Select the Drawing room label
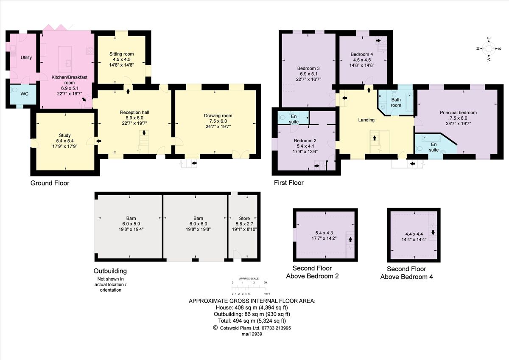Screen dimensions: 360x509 (218, 115)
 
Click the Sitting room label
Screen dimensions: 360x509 (122, 54)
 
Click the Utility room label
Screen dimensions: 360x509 (26, 57)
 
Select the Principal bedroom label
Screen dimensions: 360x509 (458, 112)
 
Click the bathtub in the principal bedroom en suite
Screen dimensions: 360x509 (431, 138)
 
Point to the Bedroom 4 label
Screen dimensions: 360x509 (362, 54)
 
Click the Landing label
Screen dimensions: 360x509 (366, 120)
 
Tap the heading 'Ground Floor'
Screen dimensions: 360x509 (50, 183)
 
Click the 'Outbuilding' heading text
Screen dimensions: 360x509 (110, 271)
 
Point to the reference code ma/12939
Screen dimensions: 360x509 (252, 335)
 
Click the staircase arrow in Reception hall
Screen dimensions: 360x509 (144, 133)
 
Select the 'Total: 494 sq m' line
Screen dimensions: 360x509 (252, 321)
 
